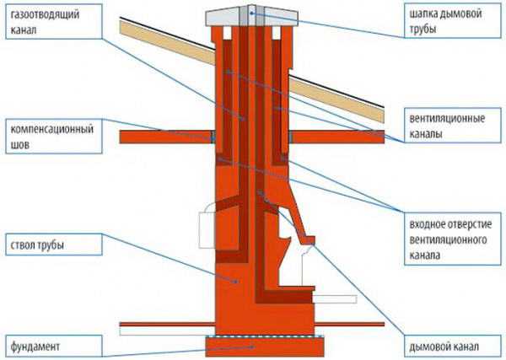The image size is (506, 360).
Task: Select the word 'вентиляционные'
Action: pyautogui.click(x=444, y=119)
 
